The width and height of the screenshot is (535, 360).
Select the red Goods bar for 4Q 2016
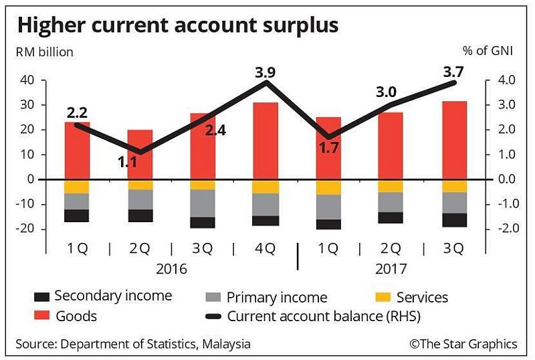click(x=265, y=141)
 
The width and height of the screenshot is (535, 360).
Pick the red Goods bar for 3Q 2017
click(x=454, y=140)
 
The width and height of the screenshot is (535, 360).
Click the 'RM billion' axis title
click(x=45, y=52)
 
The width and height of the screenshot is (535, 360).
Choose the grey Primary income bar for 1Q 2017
click(x=328, y=207)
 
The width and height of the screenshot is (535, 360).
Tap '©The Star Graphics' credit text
click(x=463, y=344)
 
